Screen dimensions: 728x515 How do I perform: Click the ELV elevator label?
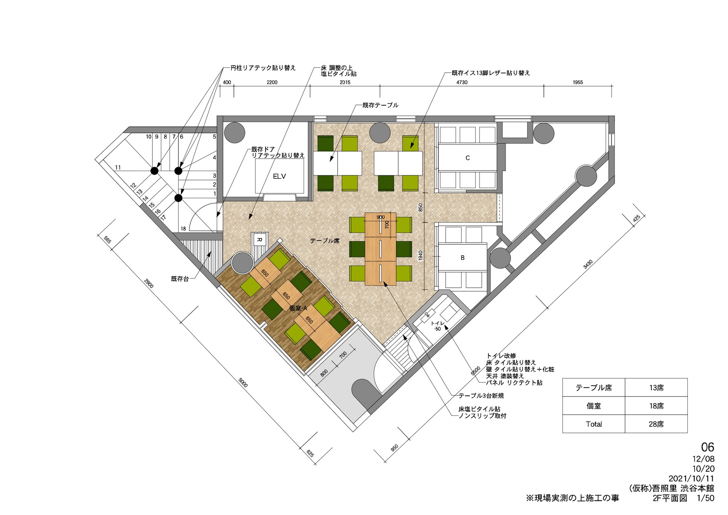point(279,176)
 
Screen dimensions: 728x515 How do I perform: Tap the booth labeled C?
point(467,158)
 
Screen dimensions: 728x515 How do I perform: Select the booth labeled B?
point(462,258)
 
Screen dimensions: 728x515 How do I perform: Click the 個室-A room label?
point(298,308)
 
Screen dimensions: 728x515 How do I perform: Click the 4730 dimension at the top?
point(462,83)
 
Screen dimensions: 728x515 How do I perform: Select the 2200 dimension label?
point(272,83)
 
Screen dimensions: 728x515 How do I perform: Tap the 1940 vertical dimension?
point(421,256)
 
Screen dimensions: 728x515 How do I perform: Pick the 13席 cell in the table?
point(656,388)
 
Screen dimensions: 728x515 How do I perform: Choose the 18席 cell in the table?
point(656,406)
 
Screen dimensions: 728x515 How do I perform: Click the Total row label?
point(594,424)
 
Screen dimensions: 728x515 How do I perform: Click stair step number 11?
point(118,168)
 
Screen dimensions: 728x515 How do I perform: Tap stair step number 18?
point(183,229)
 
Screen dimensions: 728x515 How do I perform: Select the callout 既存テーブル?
point(380,105)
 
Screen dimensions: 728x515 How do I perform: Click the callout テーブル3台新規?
point(481,395)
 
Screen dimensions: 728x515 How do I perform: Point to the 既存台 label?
point(180,279)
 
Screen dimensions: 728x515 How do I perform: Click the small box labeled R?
point(259,240)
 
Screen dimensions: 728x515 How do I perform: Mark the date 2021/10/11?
point(691,478)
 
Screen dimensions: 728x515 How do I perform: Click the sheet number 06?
point(707,447)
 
